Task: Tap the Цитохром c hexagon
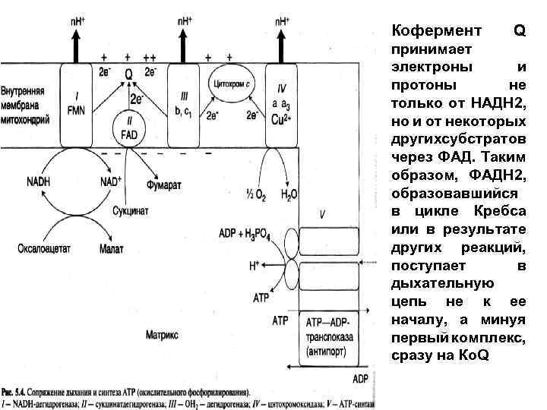tap(232, 83)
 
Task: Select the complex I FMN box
tap(78, 106)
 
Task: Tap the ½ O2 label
tap(254, 195)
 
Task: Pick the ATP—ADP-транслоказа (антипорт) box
tap(332, 335)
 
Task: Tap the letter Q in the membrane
tap(128, 74)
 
